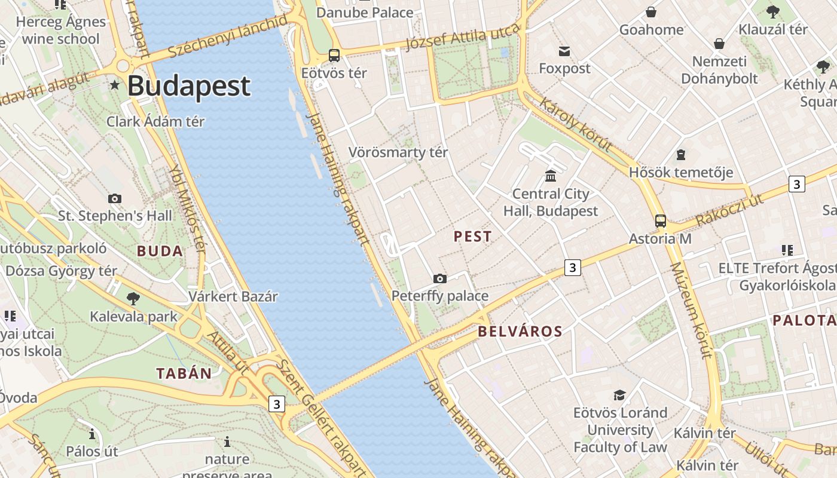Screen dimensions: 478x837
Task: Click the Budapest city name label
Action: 188,86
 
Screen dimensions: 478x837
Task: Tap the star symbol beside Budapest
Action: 115,86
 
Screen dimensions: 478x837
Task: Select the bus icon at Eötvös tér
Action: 334,56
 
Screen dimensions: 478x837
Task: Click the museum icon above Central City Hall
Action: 551,176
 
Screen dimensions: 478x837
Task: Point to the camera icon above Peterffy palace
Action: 440,278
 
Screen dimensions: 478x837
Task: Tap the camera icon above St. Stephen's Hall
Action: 115,198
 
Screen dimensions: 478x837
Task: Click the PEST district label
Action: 472,237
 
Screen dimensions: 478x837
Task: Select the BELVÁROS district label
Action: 520,332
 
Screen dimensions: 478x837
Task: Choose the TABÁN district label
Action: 184,374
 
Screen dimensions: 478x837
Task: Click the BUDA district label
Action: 160,251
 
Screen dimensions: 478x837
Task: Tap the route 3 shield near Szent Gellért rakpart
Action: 276,405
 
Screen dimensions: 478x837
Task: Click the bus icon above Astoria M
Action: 660,221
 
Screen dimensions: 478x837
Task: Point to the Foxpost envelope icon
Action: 564,51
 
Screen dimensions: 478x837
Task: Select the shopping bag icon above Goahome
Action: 651,12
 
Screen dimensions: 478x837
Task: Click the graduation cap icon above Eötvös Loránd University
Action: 620,395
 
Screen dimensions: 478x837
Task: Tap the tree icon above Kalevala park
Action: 133,298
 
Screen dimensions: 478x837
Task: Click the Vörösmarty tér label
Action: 398,152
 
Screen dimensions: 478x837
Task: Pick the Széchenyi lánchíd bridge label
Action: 227,37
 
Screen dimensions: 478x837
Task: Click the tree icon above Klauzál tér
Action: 772,11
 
